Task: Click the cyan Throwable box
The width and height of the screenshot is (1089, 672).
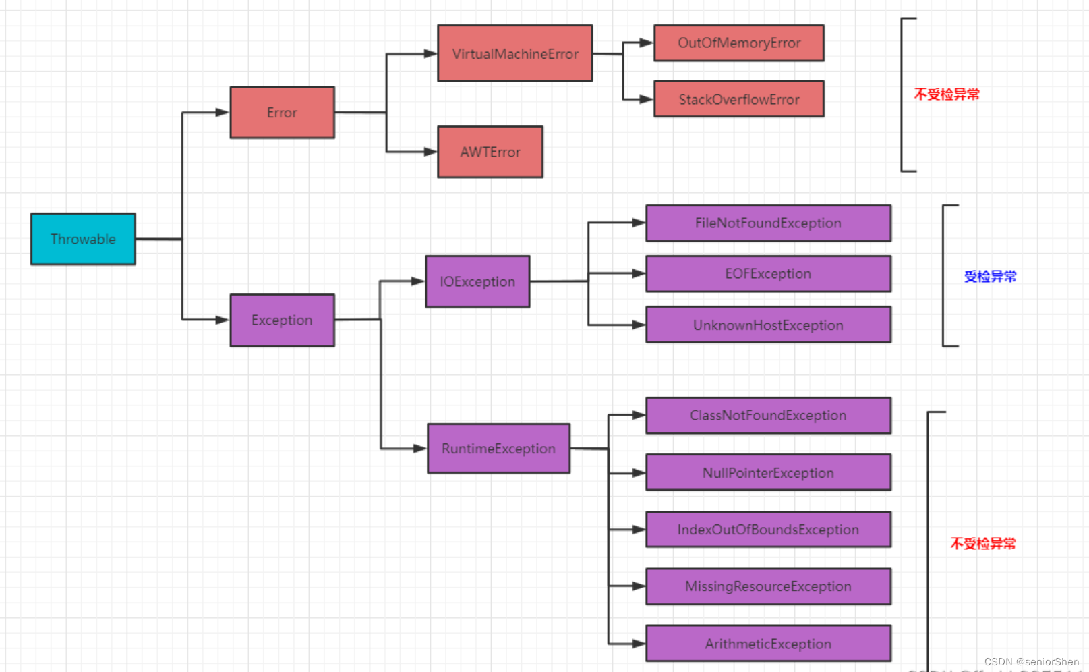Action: click(83, 239)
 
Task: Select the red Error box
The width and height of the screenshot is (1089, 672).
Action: click(283, 113)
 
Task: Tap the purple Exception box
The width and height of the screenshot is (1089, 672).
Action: click(283, 320)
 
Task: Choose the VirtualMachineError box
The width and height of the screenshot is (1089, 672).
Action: click(515, 53)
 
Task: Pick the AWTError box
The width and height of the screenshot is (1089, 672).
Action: click(490, 152)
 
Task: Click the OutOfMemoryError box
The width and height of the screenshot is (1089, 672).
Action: click(739, 43)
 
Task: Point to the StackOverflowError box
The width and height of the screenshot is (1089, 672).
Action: click(739, 99)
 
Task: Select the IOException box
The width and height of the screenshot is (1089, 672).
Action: click(477, 281)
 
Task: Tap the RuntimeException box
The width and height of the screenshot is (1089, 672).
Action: click(498, 448)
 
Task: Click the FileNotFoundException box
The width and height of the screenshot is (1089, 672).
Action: click(768, 223)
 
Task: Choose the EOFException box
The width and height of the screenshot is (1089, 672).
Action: click(768, 273)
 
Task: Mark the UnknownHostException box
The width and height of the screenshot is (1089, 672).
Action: click(768, 325)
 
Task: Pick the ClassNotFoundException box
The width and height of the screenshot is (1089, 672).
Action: click(768, 415)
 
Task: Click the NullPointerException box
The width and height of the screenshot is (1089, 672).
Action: click(768, 472)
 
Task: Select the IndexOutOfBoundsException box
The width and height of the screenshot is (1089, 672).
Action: click(768, 530)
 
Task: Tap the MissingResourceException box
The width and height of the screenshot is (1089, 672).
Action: click(768, 586)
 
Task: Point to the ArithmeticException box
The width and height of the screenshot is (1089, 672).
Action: click(768, 643)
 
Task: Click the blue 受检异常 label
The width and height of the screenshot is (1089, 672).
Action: click(991, 277)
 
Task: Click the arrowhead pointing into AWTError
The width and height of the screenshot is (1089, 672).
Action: click(430, 152)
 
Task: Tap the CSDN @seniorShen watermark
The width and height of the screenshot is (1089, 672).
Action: click(1031, 662)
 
